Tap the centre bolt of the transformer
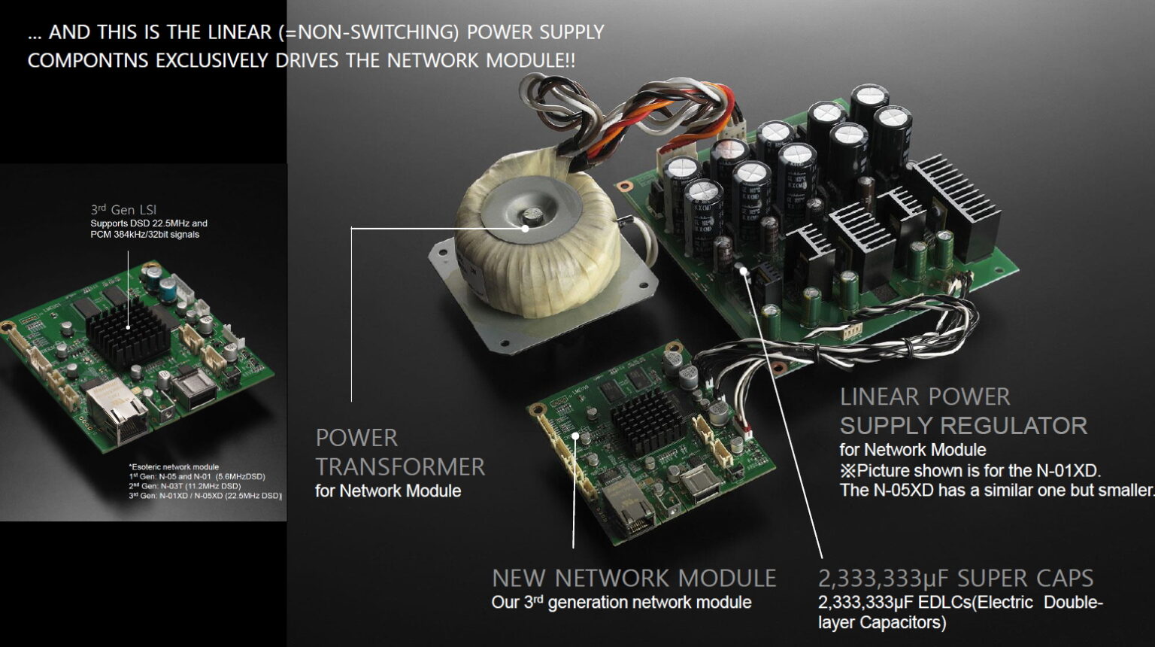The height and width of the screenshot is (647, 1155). (532, 216)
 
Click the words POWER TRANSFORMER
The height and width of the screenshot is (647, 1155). (400, 452)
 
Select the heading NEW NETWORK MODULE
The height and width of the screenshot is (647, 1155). (634, 578)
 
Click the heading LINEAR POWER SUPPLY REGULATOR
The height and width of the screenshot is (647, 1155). (962, 411)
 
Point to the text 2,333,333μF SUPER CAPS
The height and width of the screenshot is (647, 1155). (955, 578)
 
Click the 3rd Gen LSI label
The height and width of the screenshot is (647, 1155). (123, 210)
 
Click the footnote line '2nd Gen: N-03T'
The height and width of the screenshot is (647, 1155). (185, 486)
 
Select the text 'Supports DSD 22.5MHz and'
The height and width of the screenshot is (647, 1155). (149, 223)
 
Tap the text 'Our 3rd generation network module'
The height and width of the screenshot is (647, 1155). (621, 603)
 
